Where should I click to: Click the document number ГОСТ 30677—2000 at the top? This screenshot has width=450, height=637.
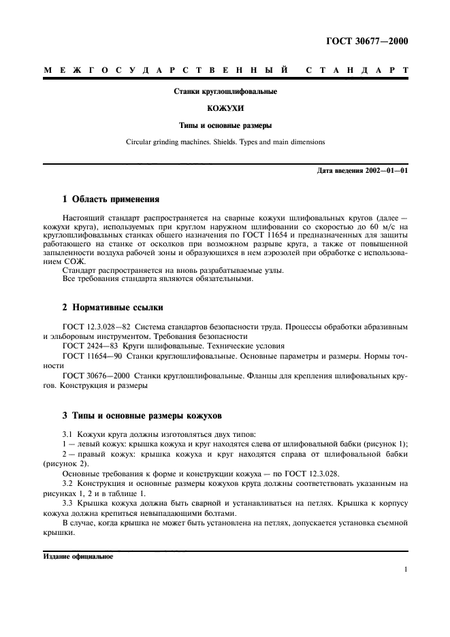point(368,42)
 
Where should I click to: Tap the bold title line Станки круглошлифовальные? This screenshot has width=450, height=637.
point(225,91)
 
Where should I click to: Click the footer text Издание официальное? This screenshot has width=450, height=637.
point(78,555)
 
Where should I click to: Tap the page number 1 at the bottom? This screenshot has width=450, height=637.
point(406,570)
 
